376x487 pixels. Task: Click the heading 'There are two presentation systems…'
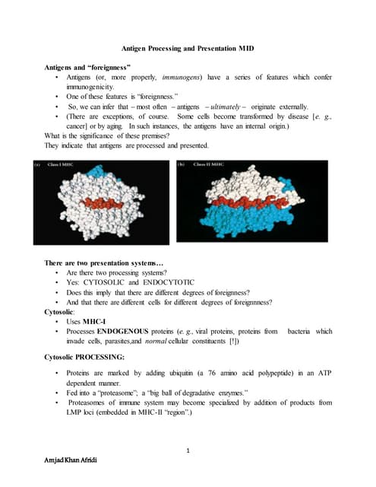click(x=103, y=263)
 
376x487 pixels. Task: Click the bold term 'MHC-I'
click(x=96, y=322)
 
